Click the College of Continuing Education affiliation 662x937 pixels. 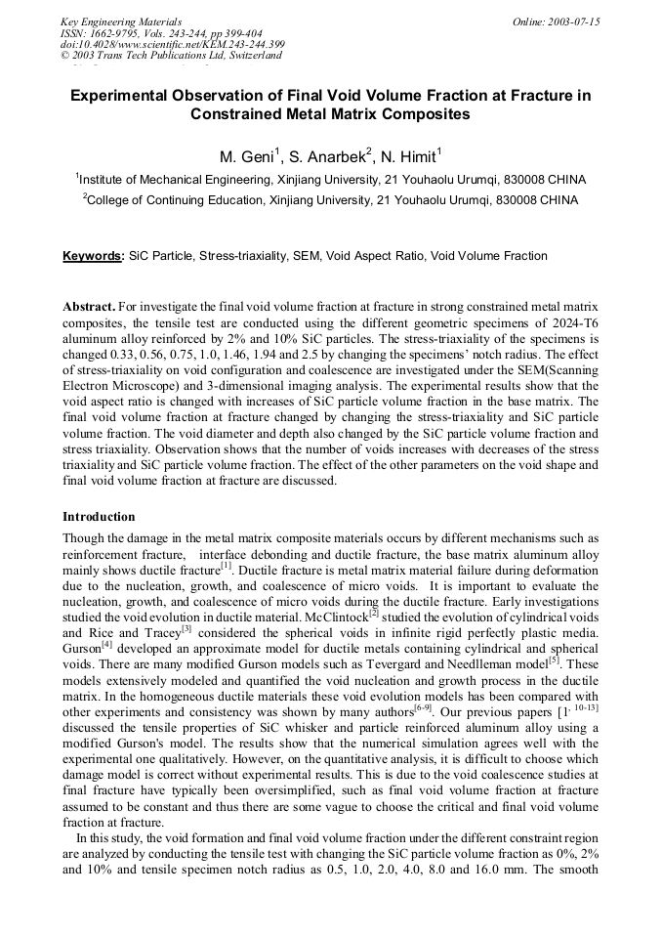180,200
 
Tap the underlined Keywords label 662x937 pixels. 93,256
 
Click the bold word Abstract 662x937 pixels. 89,307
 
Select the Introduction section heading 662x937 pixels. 99,516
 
